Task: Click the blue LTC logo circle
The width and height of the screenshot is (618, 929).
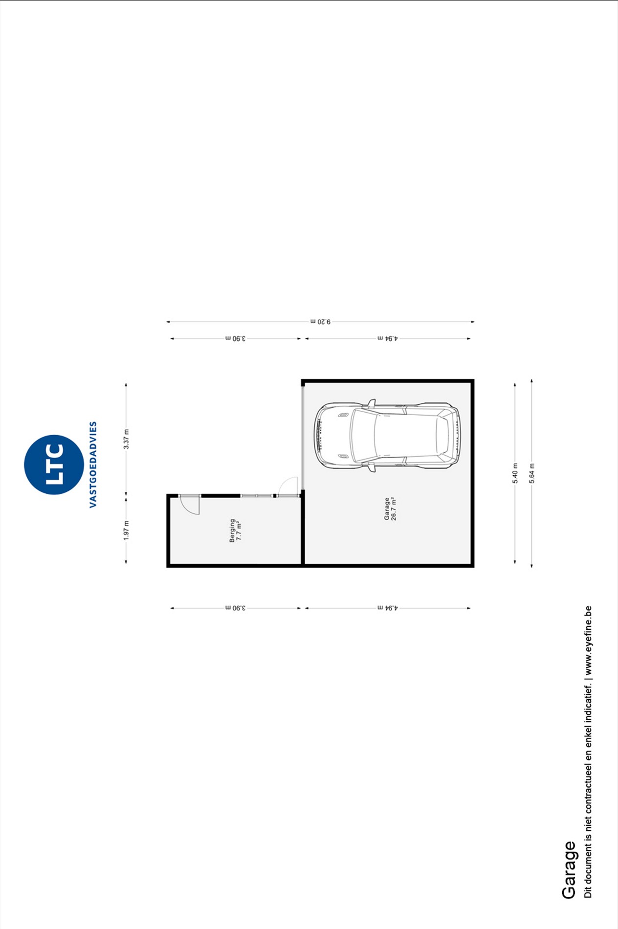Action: point(54,465)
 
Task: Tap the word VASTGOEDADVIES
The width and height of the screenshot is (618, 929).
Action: point(93,465)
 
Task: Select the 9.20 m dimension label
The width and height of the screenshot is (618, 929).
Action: point(321,322)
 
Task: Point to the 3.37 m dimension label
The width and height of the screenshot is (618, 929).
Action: point(126,439)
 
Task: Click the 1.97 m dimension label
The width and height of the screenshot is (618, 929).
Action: point(126,531)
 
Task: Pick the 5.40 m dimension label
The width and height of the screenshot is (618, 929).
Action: point(515,473)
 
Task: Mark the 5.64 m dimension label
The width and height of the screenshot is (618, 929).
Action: point(532,473)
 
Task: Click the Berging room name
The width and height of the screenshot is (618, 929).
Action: point(232,531)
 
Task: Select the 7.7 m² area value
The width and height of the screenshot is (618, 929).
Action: point(239,531)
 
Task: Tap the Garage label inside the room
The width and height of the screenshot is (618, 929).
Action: point(387,509)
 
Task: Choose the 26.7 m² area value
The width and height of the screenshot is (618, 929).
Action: point(394,509)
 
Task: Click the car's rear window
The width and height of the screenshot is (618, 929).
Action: point(442,435)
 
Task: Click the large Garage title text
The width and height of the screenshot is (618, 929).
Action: point(569,870)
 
